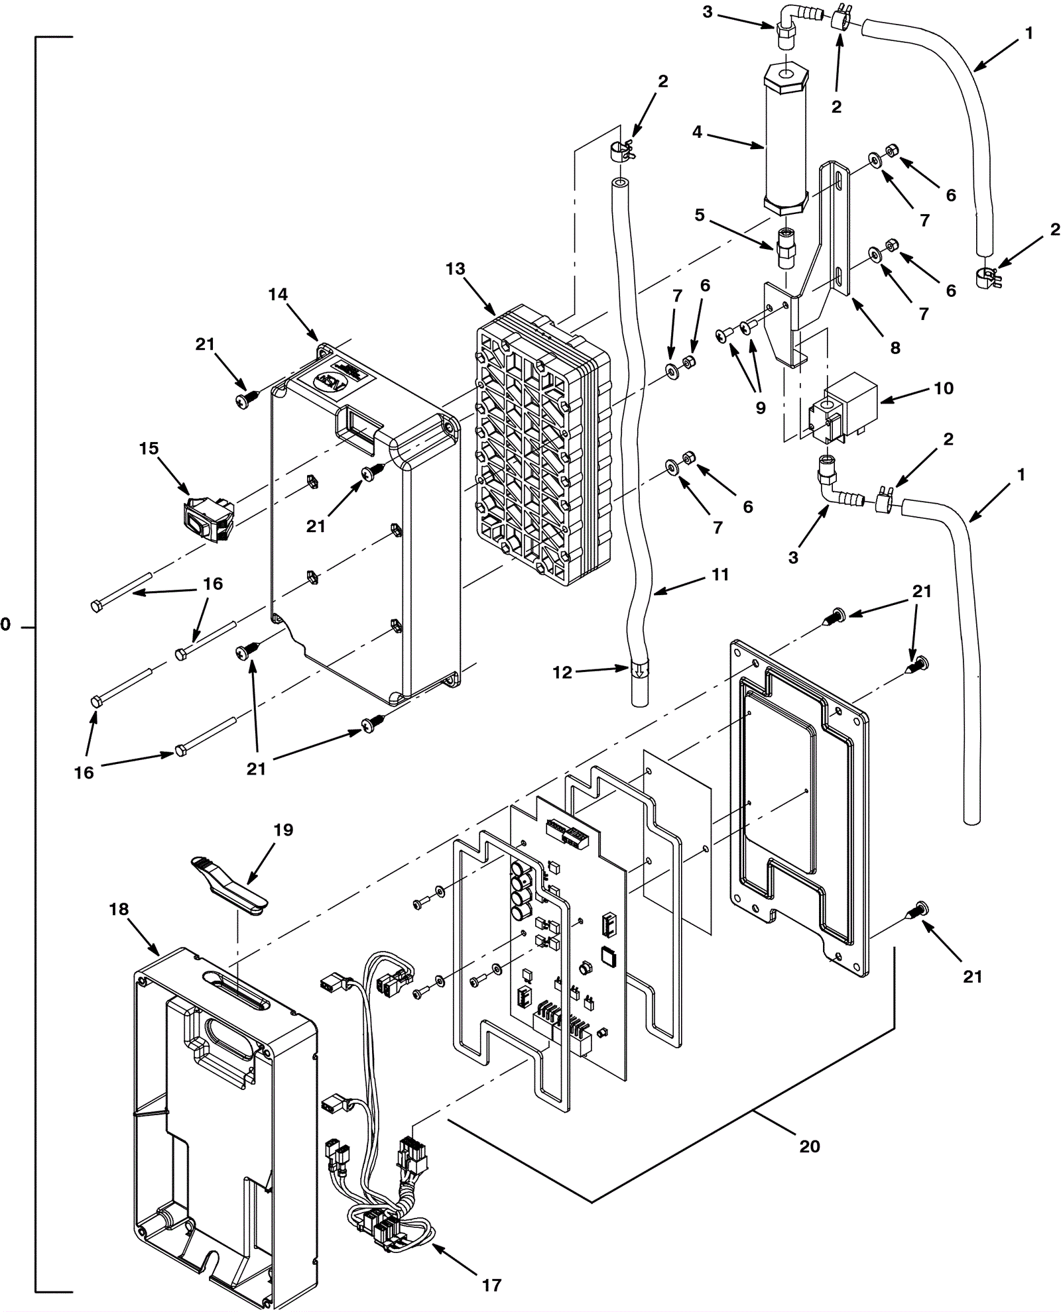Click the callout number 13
click(456, 269)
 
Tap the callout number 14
click(278, 294)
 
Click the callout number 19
click(283, 830)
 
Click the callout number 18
click(119, 909)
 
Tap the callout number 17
click(491, 1285)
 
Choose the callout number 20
click(810, 1146)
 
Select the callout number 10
click(944, 388)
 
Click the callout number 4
click(697, 133)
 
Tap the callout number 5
click(700, 215)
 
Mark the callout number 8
click(895, 347)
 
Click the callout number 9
click(761, 408)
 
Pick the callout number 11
click(720, 574)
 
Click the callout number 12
click(562, 672)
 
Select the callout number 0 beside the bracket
click(5, 624)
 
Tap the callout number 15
click(149, 449)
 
